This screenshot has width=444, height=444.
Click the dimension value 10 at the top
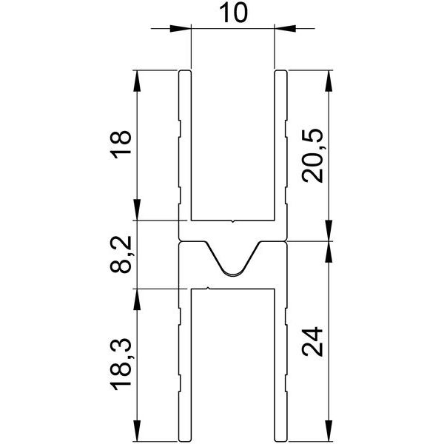[232, 13]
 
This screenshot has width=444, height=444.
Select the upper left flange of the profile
[185, 144]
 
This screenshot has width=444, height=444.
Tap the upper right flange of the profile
[280, 144]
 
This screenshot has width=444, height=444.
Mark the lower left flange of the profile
[185, 363]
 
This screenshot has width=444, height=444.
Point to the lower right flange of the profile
[280, 363]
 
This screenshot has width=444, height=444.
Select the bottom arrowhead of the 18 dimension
[136, 210]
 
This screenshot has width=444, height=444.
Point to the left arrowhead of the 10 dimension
[181, 29]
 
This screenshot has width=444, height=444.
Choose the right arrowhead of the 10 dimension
[285, 29]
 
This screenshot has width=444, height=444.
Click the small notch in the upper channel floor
[232, 220]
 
